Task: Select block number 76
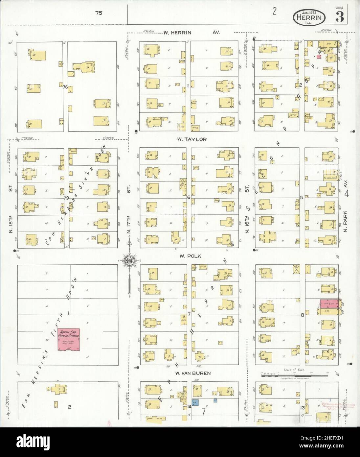(65, 87)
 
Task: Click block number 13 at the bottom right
(303, 408)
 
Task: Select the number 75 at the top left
(99, 13)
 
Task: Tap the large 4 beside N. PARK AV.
(347, 194)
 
